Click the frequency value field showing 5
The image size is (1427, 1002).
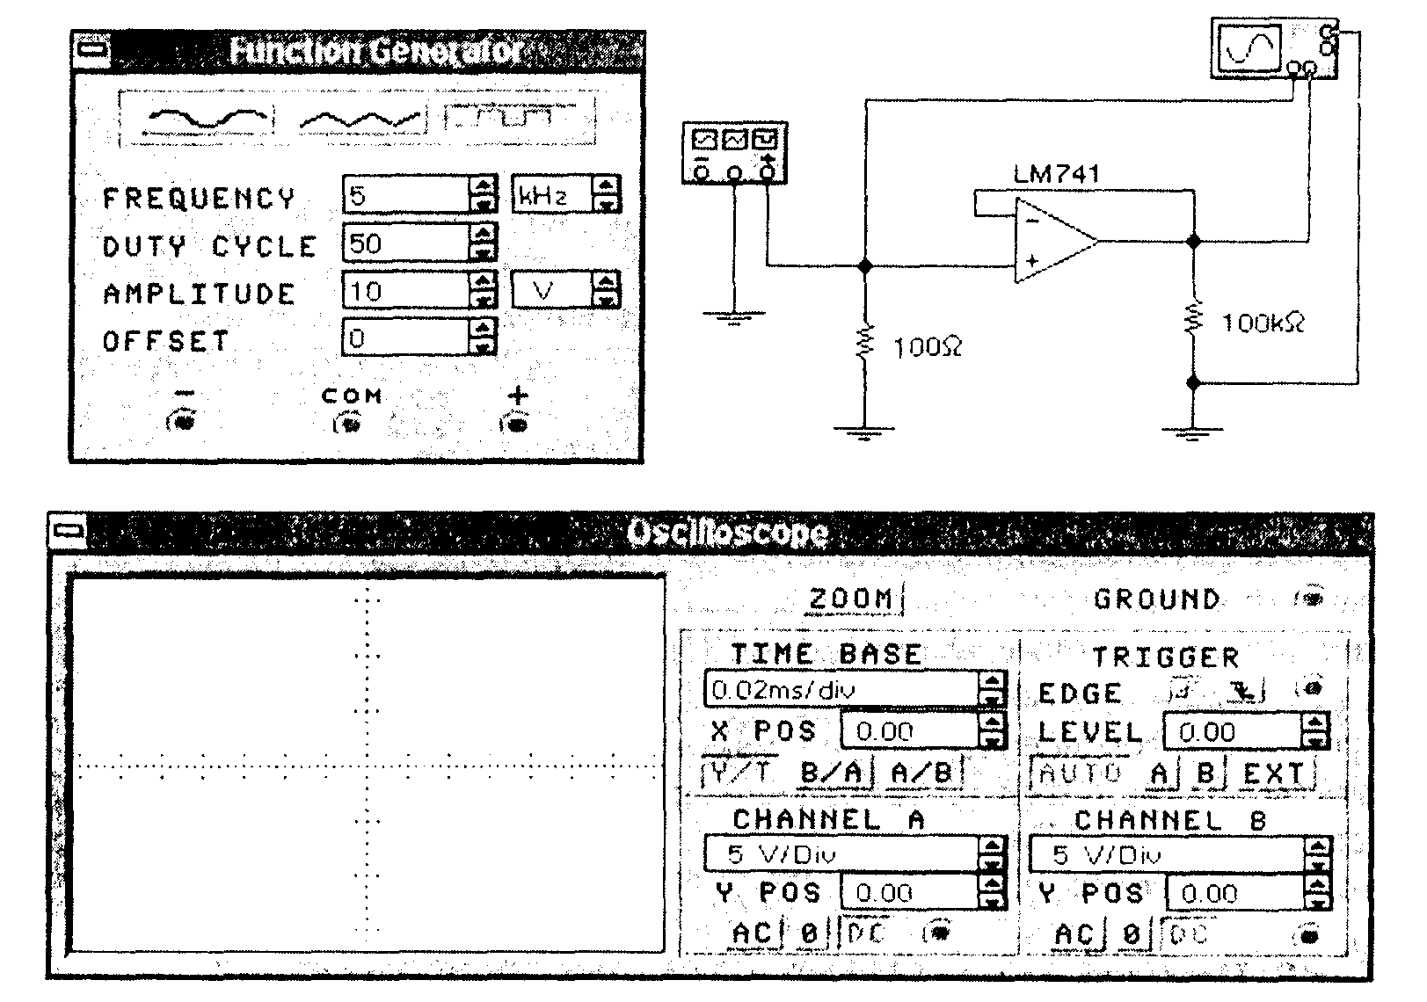point(407,195)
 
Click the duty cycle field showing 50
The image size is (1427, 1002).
point(407,243)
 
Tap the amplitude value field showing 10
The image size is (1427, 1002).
point(407,291)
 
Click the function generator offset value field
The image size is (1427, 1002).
point(407,338)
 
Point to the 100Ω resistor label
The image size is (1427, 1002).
point(928,348)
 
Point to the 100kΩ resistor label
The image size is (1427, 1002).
point(1263,323)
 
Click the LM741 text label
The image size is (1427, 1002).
point(1056,173)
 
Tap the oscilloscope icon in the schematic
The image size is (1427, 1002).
point(1249,47)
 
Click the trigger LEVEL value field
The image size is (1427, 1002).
point(1231,732)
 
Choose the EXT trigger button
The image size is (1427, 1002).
point(1276,773)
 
